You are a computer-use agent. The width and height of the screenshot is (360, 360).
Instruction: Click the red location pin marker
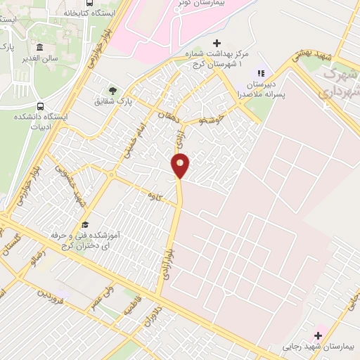click(x=181, y=166)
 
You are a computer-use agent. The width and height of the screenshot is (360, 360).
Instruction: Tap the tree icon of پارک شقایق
click(x=112, y=91)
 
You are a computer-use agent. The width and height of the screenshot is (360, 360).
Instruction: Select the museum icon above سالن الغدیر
click(x=39, y=48)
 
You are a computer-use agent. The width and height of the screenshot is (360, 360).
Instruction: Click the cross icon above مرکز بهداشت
click(x=217, y=44)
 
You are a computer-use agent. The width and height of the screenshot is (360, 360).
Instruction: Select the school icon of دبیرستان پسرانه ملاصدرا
click(x=259, y=72)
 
